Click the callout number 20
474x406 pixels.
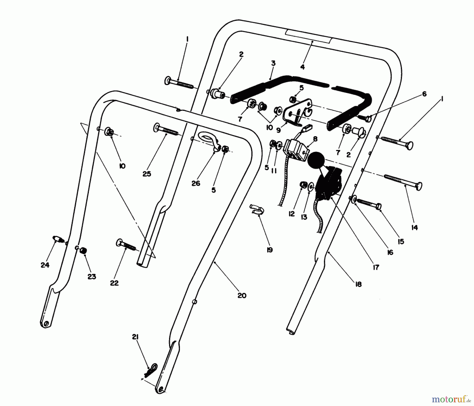point(242,296)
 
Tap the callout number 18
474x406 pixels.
point(358,284)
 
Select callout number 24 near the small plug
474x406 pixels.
point(45,265)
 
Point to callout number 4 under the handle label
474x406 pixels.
point(302,67)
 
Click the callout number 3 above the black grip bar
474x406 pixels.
point(273,63)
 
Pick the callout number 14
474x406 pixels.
point(414,227)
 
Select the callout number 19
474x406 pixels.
point(269,250)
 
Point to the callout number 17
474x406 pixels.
point(376,268)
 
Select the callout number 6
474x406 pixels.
point(424,94)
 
